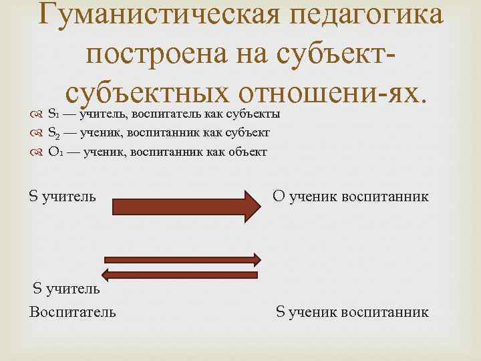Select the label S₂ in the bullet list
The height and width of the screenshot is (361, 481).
(54, 133)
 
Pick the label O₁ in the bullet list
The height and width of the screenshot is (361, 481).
(55, 152)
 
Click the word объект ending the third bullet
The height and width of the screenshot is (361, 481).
(247, 152)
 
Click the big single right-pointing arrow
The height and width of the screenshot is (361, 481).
(180, 206)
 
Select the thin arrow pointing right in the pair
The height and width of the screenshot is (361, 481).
(180, 259)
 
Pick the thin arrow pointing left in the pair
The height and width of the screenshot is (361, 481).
(180, 273)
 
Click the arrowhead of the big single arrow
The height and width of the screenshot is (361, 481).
(251, 206)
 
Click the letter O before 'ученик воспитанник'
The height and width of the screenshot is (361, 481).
(279, 197)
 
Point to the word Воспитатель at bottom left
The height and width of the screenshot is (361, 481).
(72, 312)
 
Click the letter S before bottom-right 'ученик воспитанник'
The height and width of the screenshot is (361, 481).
(281, 312)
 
